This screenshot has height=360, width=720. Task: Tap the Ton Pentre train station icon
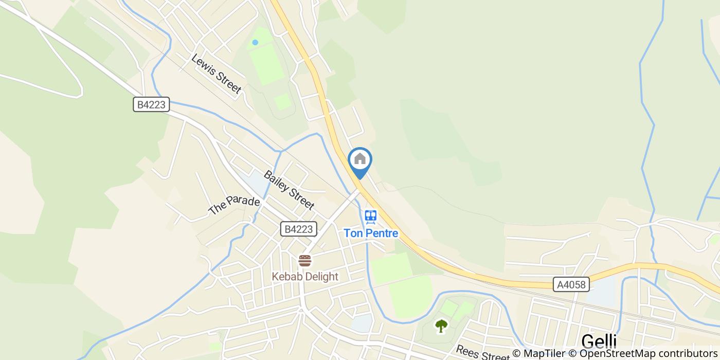pos(370,217)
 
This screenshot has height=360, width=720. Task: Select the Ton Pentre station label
pos(371,233)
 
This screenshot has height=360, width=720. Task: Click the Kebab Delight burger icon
pos(305,261)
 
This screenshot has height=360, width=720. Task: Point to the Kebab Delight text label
pos(305,277)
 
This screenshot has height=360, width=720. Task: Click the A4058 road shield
pos(571,284)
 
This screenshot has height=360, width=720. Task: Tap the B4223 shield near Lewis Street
pos(151,105)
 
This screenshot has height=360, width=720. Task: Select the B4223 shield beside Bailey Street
pos(299,229)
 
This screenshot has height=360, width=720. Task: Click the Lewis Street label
pos(216,74)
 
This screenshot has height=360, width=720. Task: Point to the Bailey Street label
pos(289,190)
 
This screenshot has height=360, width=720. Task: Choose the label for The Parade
pos(234,205)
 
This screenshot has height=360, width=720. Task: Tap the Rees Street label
pos(475,352)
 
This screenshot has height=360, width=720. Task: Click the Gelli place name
pos(599,341)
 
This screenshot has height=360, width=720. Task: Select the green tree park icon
pos(441,326)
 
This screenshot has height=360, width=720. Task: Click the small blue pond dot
pos(255,43)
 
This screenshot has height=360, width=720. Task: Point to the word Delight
pos(320,277)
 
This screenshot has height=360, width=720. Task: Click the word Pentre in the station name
pos(382,233)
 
